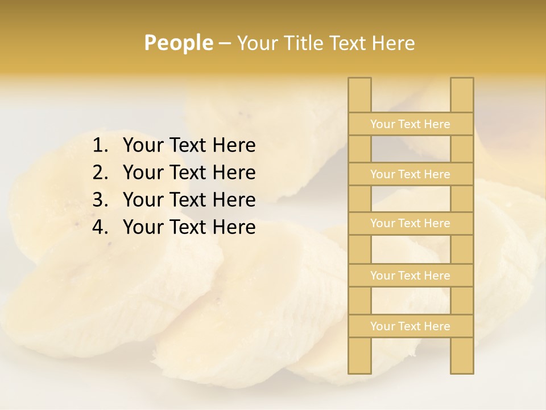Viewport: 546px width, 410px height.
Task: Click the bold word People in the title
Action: [178, 43]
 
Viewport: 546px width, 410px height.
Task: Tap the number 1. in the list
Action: [101, 146]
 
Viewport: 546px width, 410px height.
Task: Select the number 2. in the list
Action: [101, 173]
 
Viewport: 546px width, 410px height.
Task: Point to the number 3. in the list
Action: [101, 200]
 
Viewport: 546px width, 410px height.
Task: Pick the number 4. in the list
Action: [101, 227]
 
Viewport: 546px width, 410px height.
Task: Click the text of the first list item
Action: [189, 146]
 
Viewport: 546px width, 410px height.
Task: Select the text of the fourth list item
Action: [189, 227]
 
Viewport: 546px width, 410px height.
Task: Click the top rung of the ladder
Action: [410, 124]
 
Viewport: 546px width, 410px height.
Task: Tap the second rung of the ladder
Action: [410, 174]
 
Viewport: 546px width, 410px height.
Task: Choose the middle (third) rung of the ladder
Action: [410, 224]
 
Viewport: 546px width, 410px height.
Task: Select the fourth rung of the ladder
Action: [410, 276]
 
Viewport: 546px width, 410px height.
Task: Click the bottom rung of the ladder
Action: [410, 326]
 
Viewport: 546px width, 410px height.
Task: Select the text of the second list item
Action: [189, 173]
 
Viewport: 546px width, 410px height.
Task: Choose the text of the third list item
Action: [189, 200]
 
